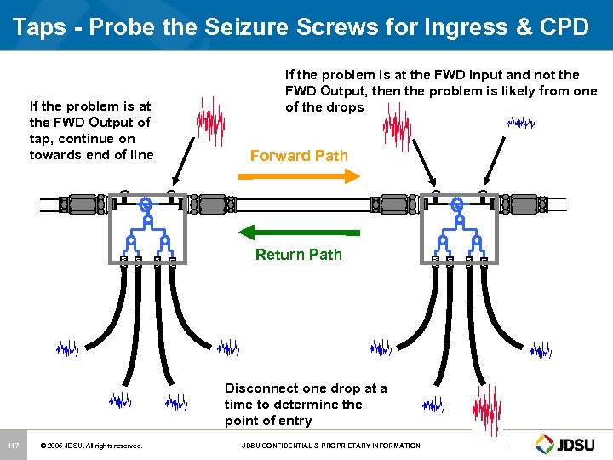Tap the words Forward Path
tap(299, 156)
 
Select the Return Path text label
tap(299, 254)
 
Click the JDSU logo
tap(569, 444)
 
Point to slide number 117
tap(13, 446)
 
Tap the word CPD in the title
tap(564, 26)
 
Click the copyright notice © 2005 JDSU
tap(91, 446)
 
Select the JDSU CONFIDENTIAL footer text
tap(331, 446)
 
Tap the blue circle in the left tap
tap(146, 204)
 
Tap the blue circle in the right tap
tap(456, 204)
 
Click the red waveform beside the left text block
tap(210, 120)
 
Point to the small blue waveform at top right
tap(520, 124)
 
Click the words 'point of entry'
tap(268, 421)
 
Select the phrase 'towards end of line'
tap(91, 154)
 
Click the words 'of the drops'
tap(324, 107)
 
